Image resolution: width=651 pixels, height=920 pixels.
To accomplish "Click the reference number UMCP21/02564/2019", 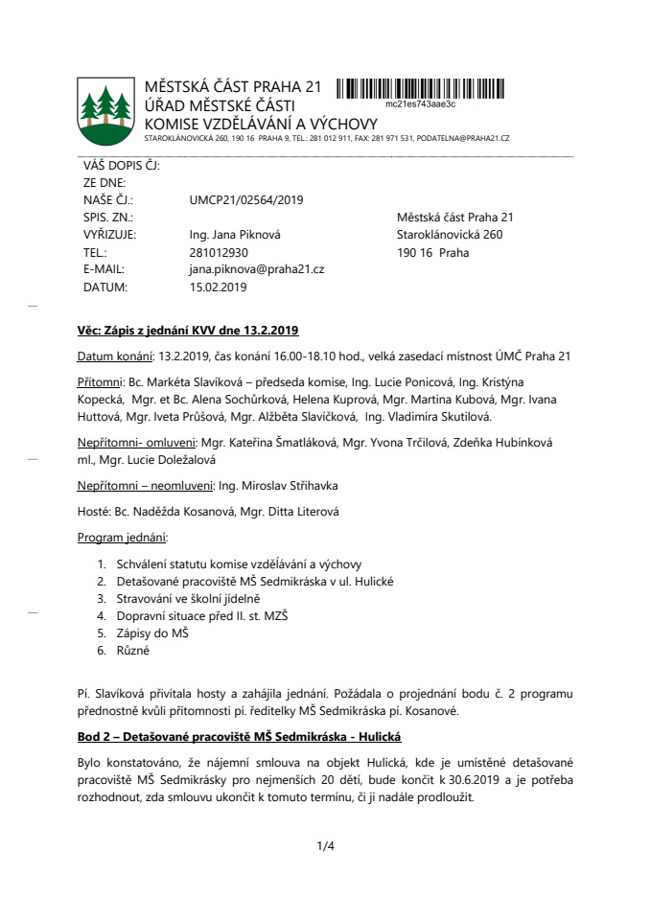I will (x=246, y=200).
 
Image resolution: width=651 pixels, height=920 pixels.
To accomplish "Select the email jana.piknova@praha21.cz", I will (x=257, y=269).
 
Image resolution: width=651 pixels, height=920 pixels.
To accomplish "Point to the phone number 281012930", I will (x=219, y=252).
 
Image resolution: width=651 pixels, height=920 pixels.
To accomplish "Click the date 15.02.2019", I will (x=219, y=287).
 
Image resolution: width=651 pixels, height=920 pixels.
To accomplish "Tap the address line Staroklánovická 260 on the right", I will (x=449, y=235).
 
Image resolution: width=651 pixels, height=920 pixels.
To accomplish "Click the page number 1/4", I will (x=325, y=845).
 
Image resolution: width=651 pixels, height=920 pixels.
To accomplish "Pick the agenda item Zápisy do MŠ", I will (x=152, y=633).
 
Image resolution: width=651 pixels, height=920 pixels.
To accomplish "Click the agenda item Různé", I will (x=133, y=651).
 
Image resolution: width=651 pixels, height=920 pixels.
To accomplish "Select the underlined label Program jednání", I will (x=123, y=538).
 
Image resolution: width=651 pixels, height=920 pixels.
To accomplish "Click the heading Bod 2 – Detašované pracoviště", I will (x=239, y=735).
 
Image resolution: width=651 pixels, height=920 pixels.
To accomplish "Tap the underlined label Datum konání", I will (x=115, y=356).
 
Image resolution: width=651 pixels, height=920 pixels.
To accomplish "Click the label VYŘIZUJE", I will (x=109, y=235).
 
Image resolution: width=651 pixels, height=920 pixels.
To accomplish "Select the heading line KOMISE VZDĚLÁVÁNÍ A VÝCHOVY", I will (x=261, y=124).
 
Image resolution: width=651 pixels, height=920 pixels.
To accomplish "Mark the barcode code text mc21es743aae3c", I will (x=420, y=103).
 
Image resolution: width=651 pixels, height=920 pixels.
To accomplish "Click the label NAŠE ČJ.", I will (x=107, y=200).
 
